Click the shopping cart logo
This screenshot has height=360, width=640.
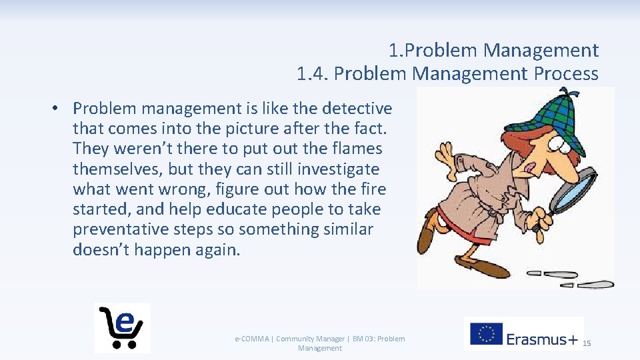click(x=122, y=327)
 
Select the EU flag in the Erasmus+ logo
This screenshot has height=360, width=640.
click(x=486, y=333)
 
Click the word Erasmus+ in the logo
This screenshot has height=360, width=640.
click(x=542, y=339)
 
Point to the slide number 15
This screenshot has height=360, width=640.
click(x=587, y=343)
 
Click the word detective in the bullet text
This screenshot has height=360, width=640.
click(x=357, y=108)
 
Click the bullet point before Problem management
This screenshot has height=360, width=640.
click(x=59, y=108)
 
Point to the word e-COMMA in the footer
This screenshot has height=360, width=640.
click(x=253, y=339)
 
